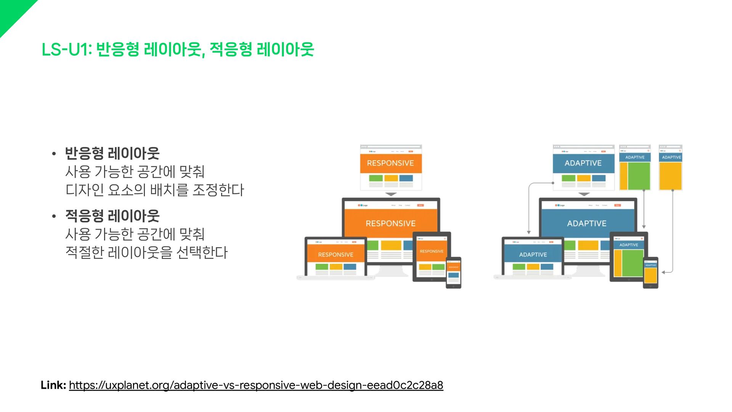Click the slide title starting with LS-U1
click(x=177, y=50)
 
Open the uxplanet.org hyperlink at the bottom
click(x=256, y=385)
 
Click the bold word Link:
click(x=53, y=385)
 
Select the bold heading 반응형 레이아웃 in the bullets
click(x=112, y=153)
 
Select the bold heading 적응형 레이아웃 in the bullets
click(x=112, y=216)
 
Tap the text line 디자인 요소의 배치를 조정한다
click(x=154, y=190)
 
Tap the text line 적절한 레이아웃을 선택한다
click(x=146, y=252)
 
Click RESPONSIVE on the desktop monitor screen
click(x=390, y=223)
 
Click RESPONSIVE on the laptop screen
click(x=335, y=254)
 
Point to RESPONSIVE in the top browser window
click(x=390, y=163)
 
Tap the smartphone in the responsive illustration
click(x=453, y=272)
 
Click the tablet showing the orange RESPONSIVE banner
click(x=432, y=256)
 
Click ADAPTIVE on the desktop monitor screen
click(x=586, y=223)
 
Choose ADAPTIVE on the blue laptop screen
click(x=533, y=254)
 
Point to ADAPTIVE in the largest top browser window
click(x=583, y=163)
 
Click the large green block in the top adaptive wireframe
click(x=639, y=176)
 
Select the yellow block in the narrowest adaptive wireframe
click(x=670, y=176)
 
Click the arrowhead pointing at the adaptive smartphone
click(x=663, y=272)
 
